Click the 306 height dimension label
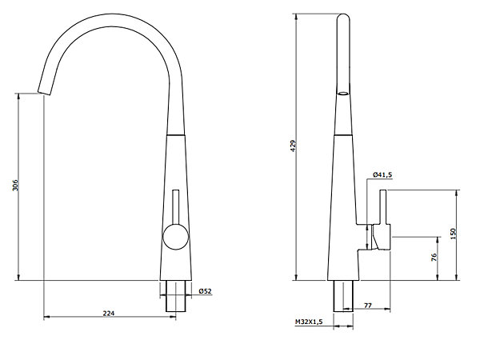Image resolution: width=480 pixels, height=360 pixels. [x=15, y=186]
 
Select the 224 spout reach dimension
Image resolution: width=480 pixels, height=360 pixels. [x=108, y=313]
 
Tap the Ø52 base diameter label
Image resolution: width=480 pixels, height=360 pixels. [x=205, y=291]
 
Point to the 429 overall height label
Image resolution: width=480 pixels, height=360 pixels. [x=294, y=146]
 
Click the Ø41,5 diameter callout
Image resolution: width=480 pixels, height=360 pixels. [x=382, y=174]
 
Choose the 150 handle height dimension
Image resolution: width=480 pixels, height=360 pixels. [x=454, y=234]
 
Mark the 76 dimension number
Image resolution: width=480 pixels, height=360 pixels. [x=434, y=257]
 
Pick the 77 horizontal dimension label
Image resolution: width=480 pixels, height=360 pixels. [x=368, y=306]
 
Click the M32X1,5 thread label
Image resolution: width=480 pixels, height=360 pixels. [x=309, y=322]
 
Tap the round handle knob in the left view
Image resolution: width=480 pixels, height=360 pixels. [x=176, y=237]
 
